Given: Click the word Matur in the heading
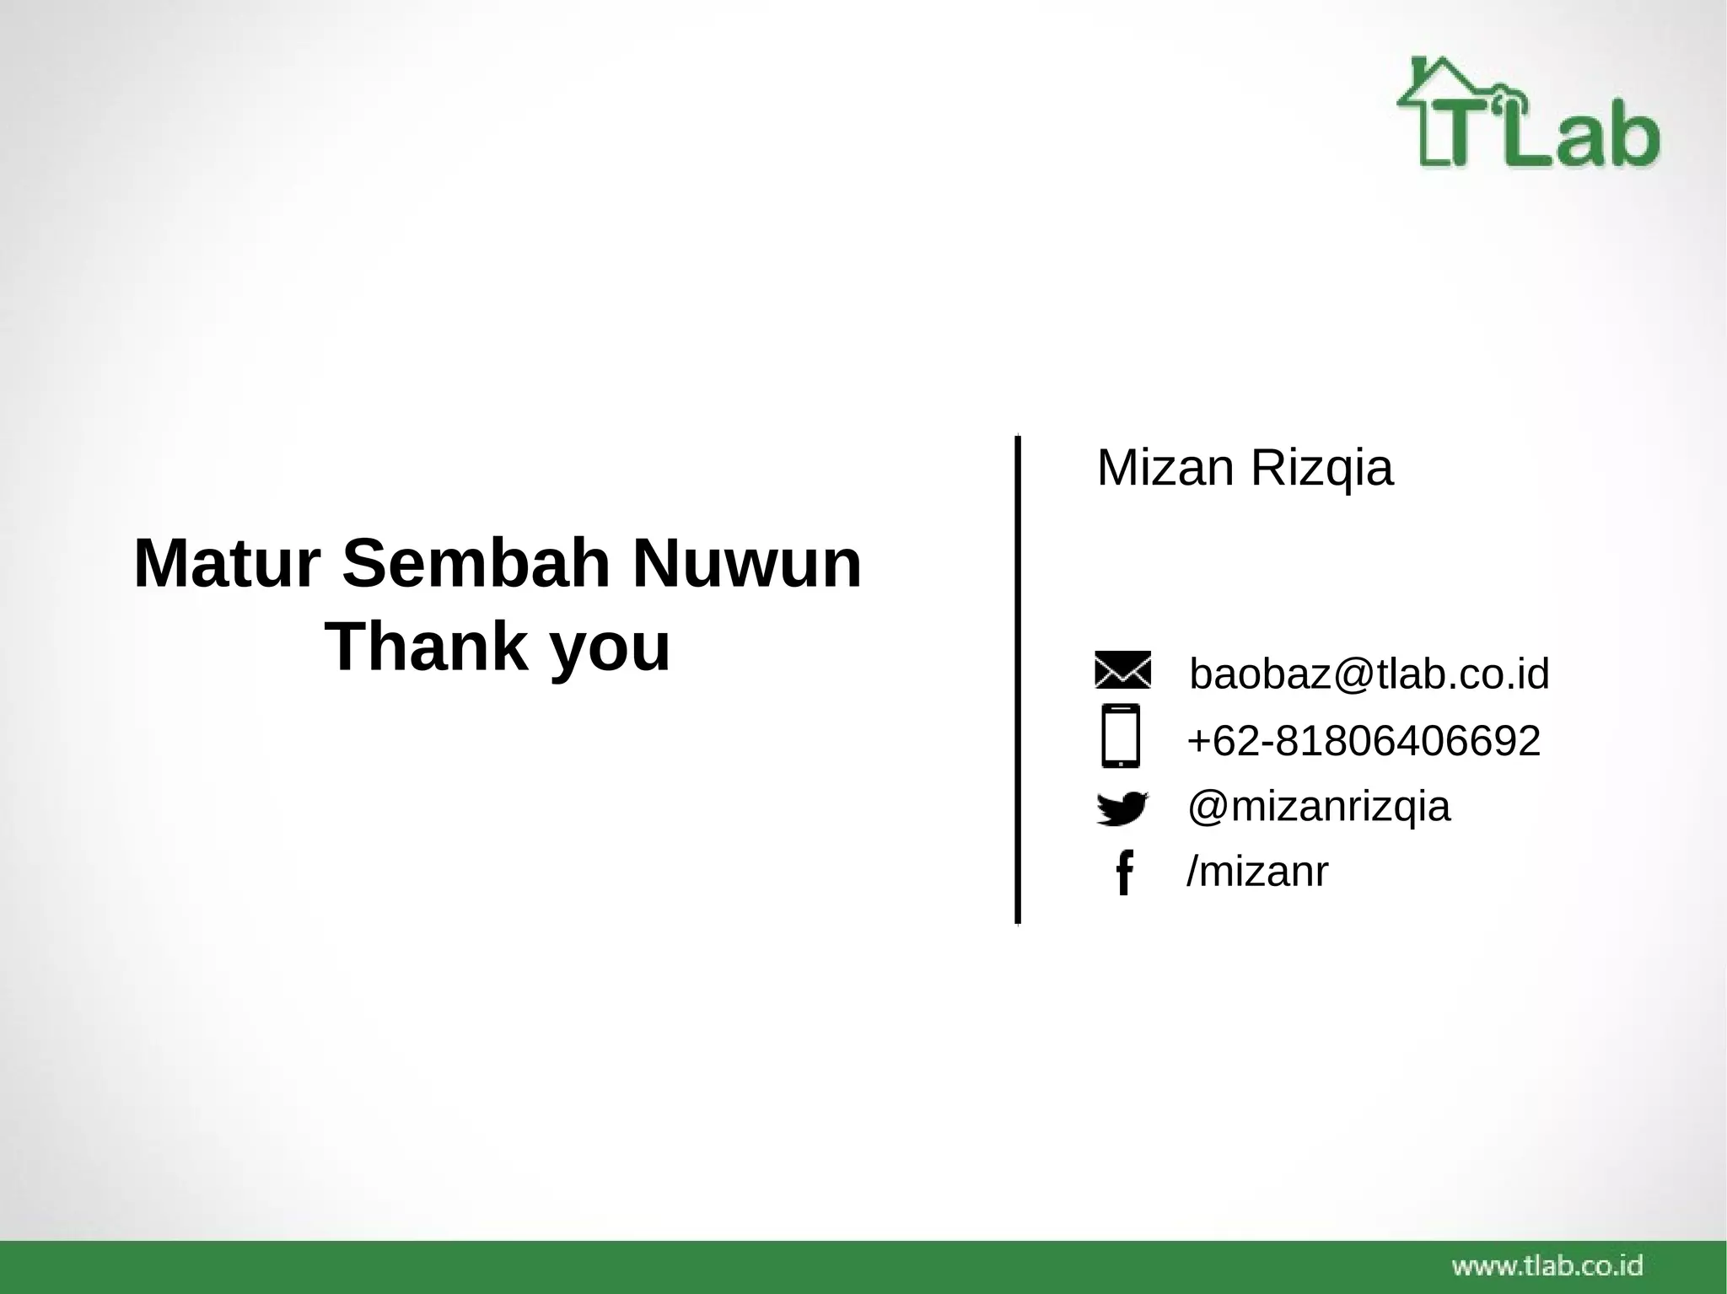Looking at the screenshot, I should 227,564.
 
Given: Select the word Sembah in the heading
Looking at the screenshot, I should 476,564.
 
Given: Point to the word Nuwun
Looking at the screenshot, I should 746,564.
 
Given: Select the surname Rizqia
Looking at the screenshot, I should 1321,470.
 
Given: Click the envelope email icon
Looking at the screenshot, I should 1122,670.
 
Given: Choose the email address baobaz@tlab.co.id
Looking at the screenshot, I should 1369,674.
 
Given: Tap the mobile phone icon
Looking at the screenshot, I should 1121,736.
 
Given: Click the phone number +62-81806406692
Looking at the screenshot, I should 1364,741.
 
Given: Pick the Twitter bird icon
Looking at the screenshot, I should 1122,808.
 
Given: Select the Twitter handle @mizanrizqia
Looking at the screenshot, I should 1319,807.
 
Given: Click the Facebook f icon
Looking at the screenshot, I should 1123,873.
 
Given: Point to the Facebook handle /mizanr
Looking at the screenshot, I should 1256,871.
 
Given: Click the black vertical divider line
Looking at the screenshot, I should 1018,679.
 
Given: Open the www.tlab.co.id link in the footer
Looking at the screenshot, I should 1547,1265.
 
